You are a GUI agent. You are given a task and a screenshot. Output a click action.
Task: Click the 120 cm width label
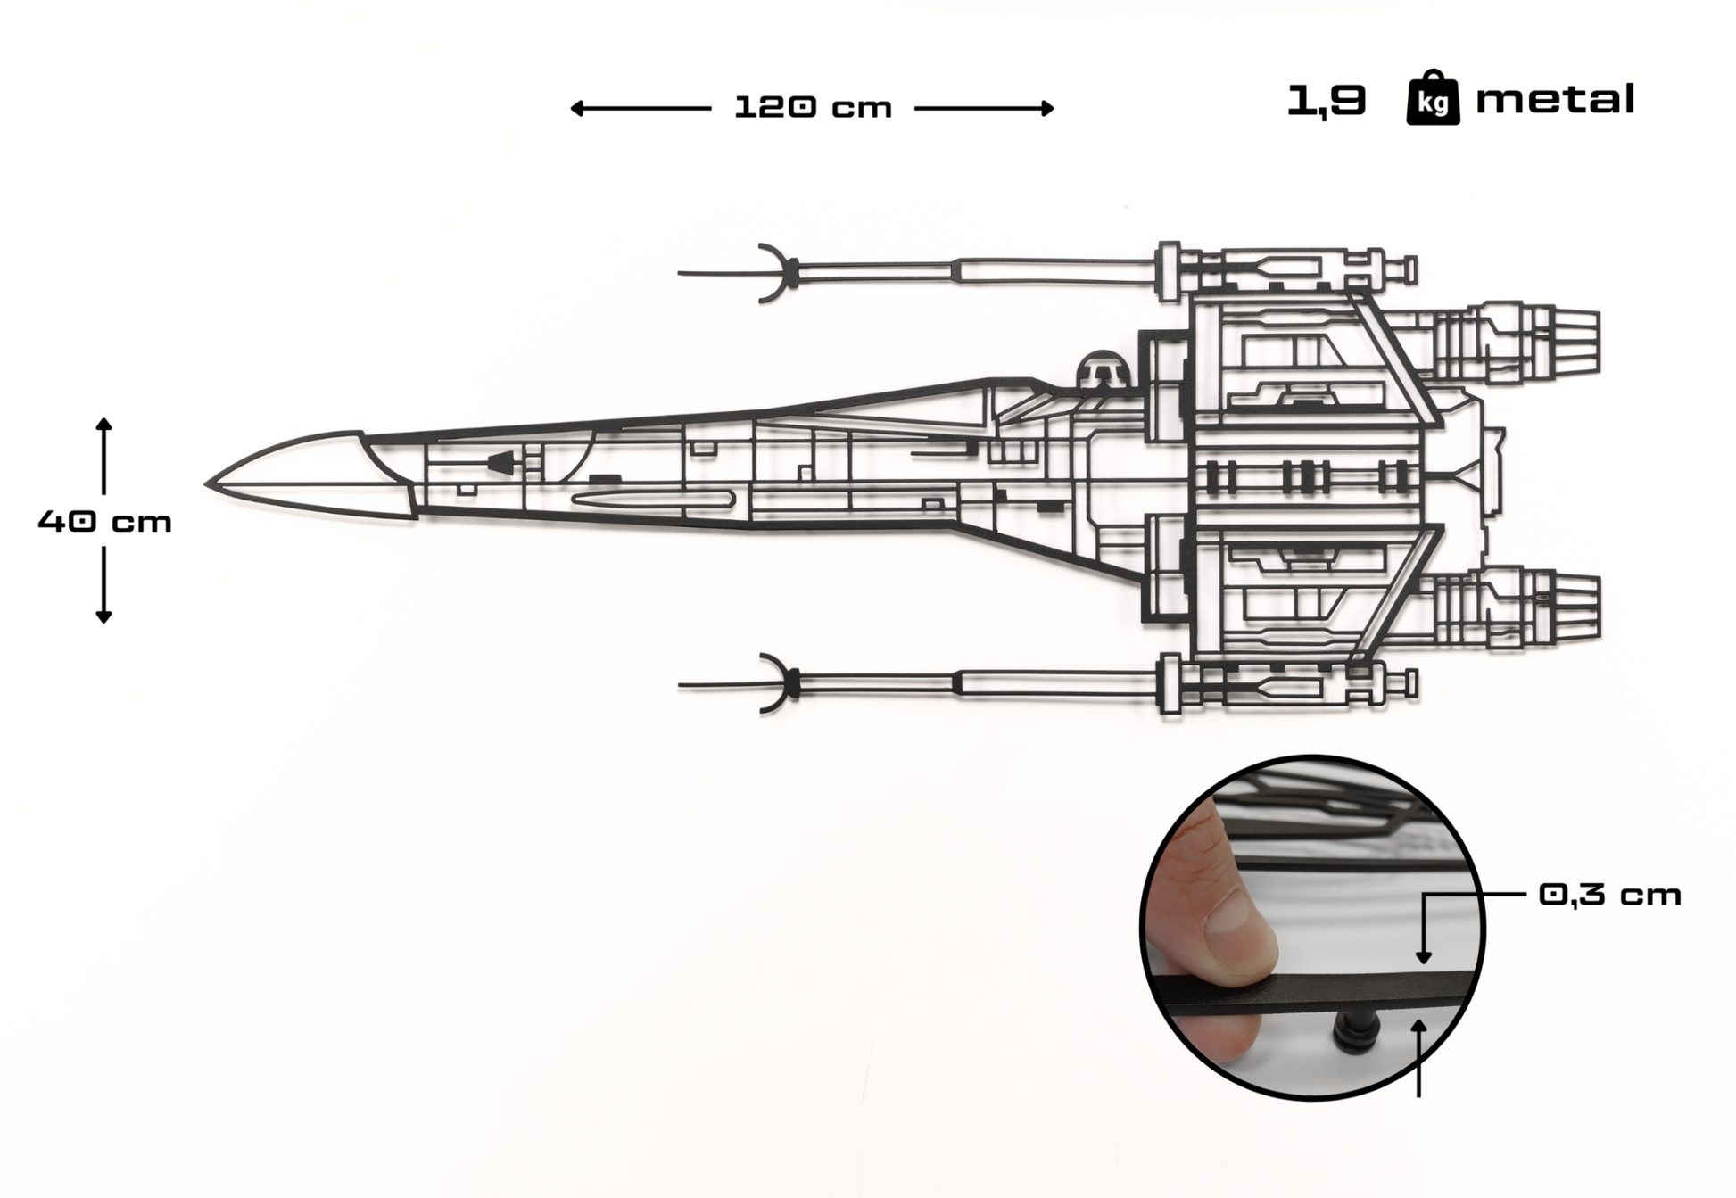[x=813, y=108]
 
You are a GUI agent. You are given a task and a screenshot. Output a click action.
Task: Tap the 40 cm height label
[x=104, y=522]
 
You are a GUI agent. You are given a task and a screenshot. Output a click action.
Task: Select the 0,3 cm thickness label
[x=1609, y=895]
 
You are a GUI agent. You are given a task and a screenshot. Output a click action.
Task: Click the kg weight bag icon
[x=1433, y=99]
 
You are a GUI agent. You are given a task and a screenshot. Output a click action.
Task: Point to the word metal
[x=1555, y=99]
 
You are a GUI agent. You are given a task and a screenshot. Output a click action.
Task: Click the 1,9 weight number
[x=1326, y=100]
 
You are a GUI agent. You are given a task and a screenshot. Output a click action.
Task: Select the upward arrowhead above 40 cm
[x=103, y=425]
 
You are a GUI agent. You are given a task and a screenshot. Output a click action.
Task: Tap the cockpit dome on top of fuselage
[x=1104, y=368]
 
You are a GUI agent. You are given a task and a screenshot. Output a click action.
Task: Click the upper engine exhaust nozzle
[x=1575, y=343]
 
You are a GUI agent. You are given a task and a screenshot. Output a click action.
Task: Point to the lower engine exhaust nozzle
[x=1575, y=607]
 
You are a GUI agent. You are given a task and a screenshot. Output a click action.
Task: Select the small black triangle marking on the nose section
[x=502, y=463]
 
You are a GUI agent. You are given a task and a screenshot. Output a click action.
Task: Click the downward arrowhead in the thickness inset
[x=1424, y=956]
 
